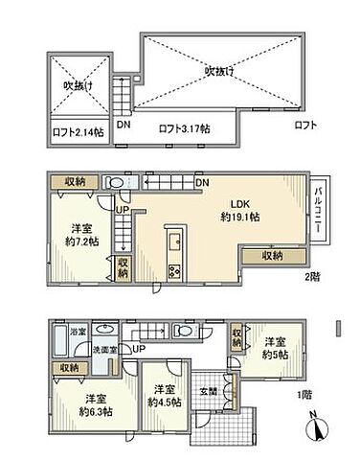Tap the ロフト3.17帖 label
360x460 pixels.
coord(181,127)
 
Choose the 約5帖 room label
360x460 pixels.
coord(276,347)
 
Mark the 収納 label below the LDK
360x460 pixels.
coord(273,256)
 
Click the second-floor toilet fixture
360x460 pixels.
coord(114,180)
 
